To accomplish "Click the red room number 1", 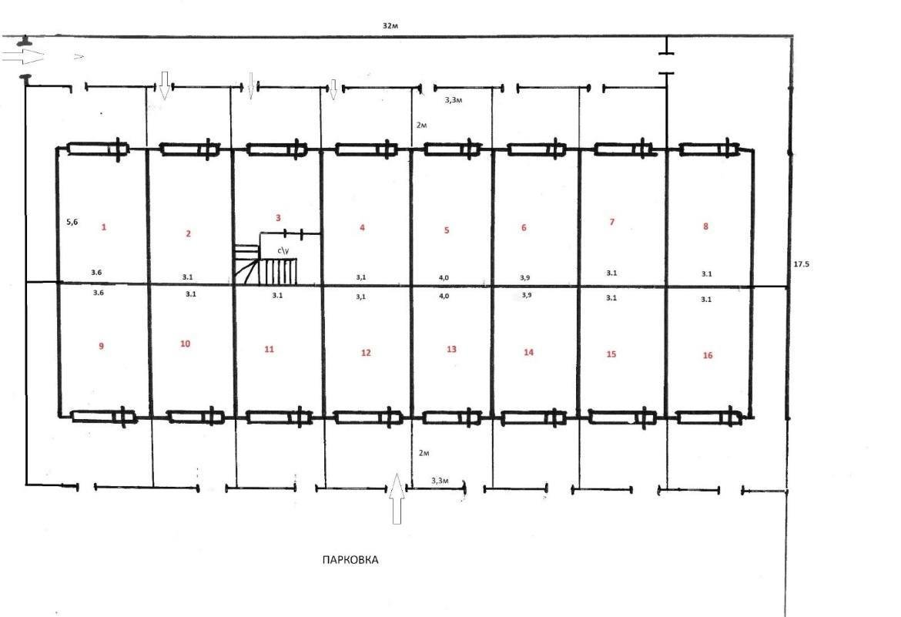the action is [x=104, y=227].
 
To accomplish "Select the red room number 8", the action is [x=705, y=226].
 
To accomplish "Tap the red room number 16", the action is [x=708, y=355].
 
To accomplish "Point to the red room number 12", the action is [x=366, y=353].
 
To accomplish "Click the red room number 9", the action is [x=101, y=346].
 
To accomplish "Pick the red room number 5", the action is [x=447, y=230].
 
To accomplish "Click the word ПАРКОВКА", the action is [x=350, y=560].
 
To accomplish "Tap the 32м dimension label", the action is [x=390, y=26].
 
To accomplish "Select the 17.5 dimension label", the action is [x=801, y=264].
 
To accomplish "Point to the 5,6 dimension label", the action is [x=72, y=221].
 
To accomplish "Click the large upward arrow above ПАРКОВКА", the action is [x=395, y=498].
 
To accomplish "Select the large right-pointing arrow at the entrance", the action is [x=23, y=55].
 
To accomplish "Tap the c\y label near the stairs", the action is [x=283, y=250].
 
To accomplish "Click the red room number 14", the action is [x=528, y=352].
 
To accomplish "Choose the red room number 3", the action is [x=278, y=218].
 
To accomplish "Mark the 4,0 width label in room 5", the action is [x=444, y=278].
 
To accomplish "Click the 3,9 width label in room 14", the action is [x=526, y=295].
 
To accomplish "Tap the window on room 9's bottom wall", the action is [x=103, y=416].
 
